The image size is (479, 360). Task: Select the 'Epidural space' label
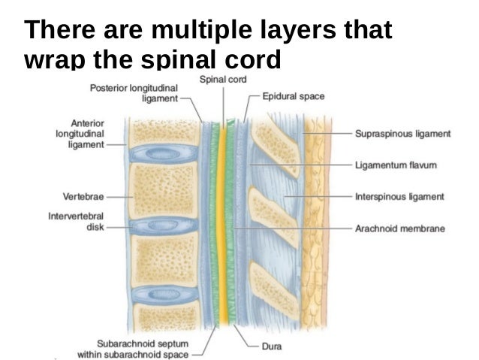tap(294, 96)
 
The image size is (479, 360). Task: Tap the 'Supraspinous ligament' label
tap(402, 134)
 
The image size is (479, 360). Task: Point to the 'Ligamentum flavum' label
tap(396, 164)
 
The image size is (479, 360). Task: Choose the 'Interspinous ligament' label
tap(399, 197)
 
